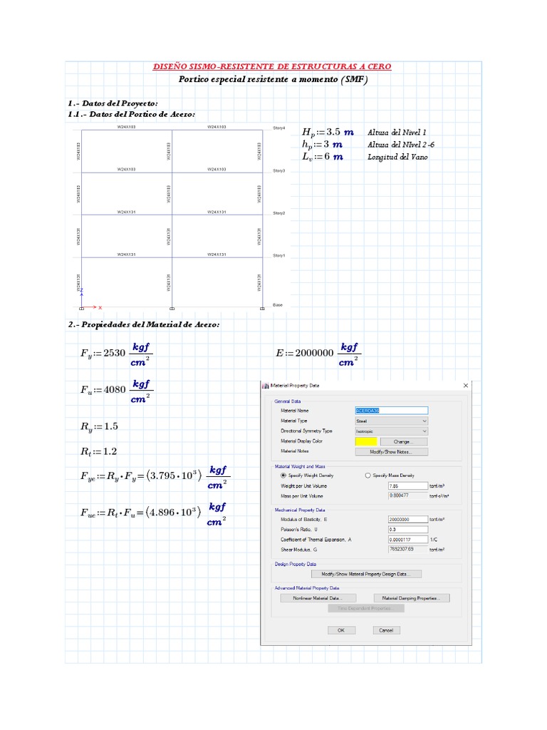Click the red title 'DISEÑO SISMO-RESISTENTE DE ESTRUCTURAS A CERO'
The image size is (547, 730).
point(273,67)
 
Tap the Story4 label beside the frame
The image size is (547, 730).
point(278,128)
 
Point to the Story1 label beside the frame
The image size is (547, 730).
point(278,255)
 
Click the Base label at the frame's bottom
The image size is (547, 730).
point(278,304)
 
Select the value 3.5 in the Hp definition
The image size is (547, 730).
point(333,133)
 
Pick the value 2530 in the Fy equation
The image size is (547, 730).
point(115,353)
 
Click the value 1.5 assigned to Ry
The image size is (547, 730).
point(110,426)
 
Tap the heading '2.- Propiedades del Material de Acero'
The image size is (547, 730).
point(144,325)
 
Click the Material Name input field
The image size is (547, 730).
point(391,411)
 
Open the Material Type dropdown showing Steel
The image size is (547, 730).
point(391,421)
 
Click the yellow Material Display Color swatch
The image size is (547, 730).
point(365,441)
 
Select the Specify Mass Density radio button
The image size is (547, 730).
point(368,475)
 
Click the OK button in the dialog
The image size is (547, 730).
point(341,630)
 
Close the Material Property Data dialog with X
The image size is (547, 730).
point(466,386)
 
